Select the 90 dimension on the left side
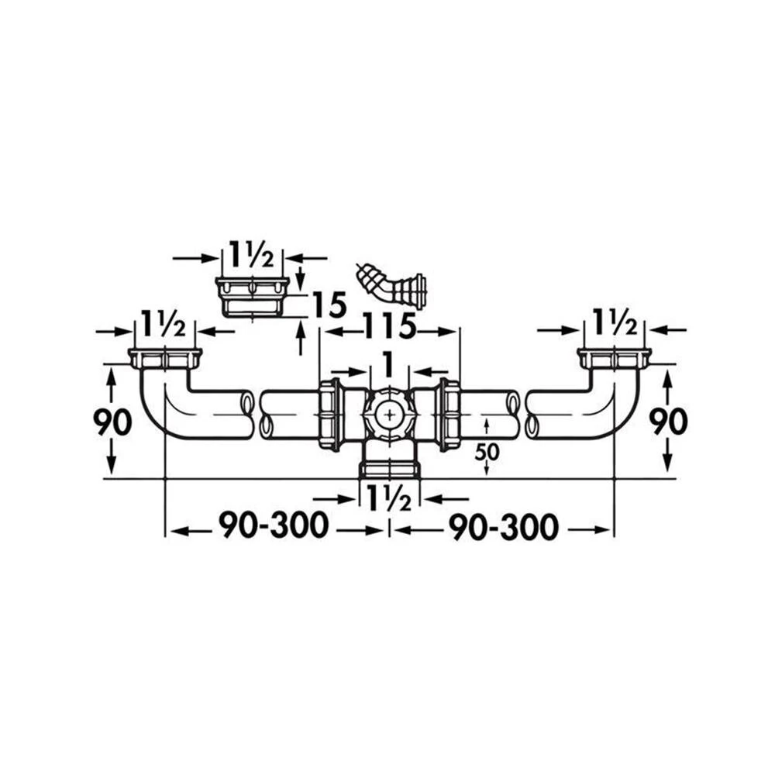112,422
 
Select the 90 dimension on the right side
668,422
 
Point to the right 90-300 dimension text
504,527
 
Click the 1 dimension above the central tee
389,365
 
